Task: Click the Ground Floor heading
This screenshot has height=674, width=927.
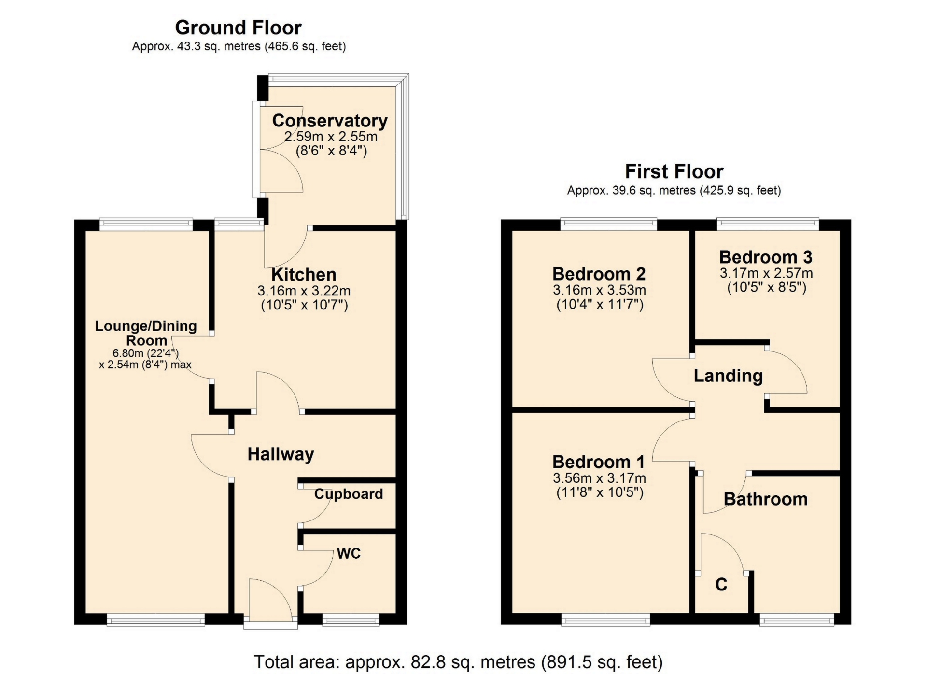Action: (x=238, y=28)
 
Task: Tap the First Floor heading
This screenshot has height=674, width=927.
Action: (x=674, y=171)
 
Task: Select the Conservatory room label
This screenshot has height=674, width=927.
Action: (x=330, y=121)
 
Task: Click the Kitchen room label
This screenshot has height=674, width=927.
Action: (x=304, y=274)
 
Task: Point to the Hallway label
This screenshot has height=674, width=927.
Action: (x=281, y=454)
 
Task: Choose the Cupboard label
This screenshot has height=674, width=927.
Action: (x=349, y=494)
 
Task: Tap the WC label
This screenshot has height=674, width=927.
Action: (x=349, y=553)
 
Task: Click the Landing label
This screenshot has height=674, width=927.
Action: (x=728, y=376)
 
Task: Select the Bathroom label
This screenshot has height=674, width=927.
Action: (x=765, y=499)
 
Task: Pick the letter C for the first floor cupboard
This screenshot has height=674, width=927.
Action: (x=721, y=585)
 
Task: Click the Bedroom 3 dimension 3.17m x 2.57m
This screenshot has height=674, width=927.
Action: (x=766, y=273)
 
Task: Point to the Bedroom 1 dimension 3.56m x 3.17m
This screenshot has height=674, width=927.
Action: (x=599, y=478)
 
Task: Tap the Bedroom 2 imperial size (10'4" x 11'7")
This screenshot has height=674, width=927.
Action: (x=600, y=305)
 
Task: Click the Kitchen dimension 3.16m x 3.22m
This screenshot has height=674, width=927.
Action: (x=304, y=291)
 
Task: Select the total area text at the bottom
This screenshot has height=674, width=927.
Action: (x=458, y=662)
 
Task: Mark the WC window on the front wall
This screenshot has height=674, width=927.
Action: (x=351, y=620)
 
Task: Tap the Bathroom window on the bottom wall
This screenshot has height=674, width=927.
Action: (x=797, y=620)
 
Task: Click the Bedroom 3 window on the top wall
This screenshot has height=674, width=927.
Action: (x=768, y=223)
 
